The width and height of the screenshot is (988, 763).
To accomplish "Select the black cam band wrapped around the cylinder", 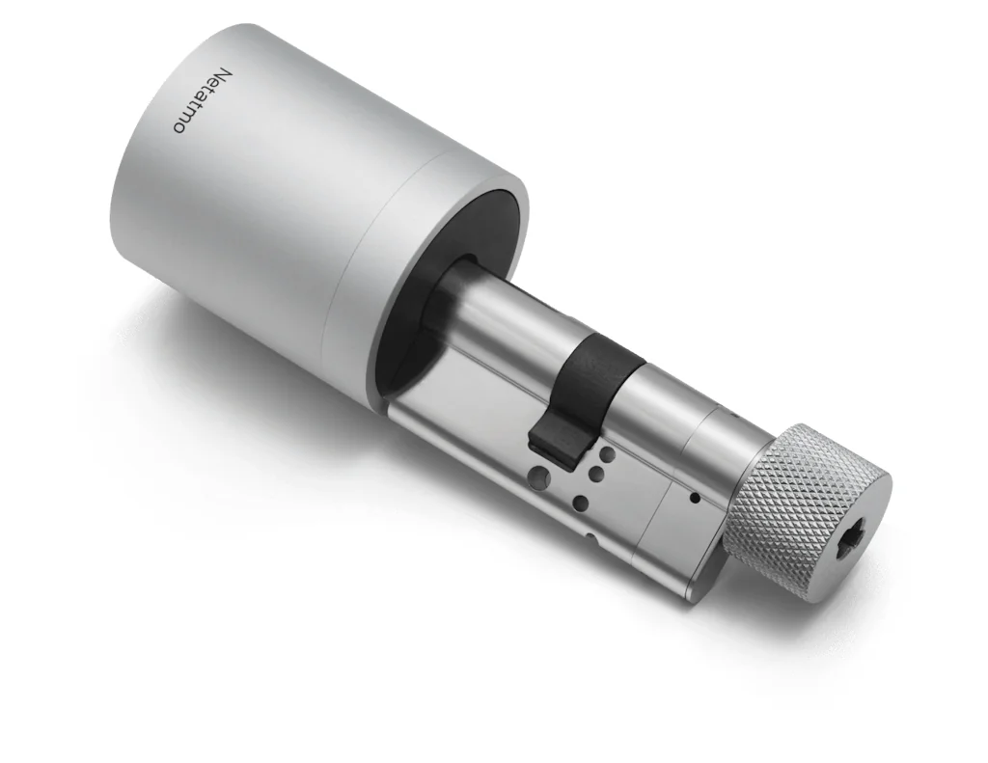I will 603,371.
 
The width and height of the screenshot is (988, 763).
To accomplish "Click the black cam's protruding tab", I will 555,439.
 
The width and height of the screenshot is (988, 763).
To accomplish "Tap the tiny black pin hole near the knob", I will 694,499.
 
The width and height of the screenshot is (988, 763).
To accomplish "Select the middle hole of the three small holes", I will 596,473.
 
